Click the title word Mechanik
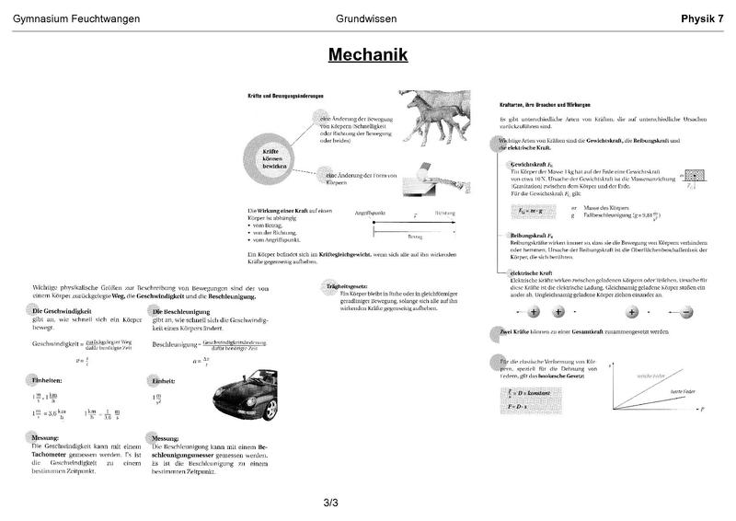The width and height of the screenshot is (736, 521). coord(368,55)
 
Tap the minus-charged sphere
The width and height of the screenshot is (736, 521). coord(685,312)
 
